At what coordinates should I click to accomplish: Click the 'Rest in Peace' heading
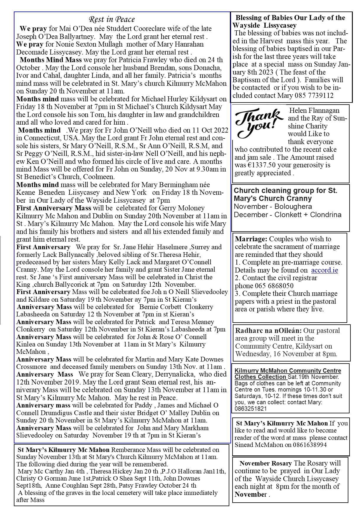coord(112,20)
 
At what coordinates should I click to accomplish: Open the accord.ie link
coord(324,270)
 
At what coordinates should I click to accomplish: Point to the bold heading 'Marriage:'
coord(251,239)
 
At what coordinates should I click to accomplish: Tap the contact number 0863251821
coord(251,409)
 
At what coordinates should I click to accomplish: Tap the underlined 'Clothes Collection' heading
coord(261,377)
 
